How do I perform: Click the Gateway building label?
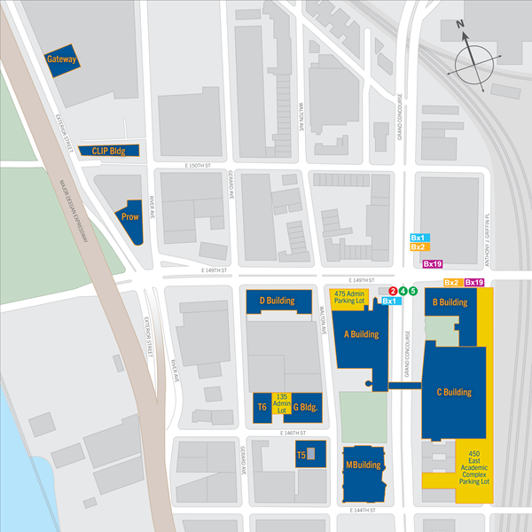click(x=62, y=60)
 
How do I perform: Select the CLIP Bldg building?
click(x=109, y=151)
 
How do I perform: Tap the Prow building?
click(x=129, y=216)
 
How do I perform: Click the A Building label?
click(x=361, y=334)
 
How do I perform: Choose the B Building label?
click(x=450, y=302)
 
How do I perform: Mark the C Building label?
click(x=454, y=392)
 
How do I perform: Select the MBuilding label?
click(x=363, y=465)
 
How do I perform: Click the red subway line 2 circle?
click(x=393, y=291)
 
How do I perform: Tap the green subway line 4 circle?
click(x=403, y=291)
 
